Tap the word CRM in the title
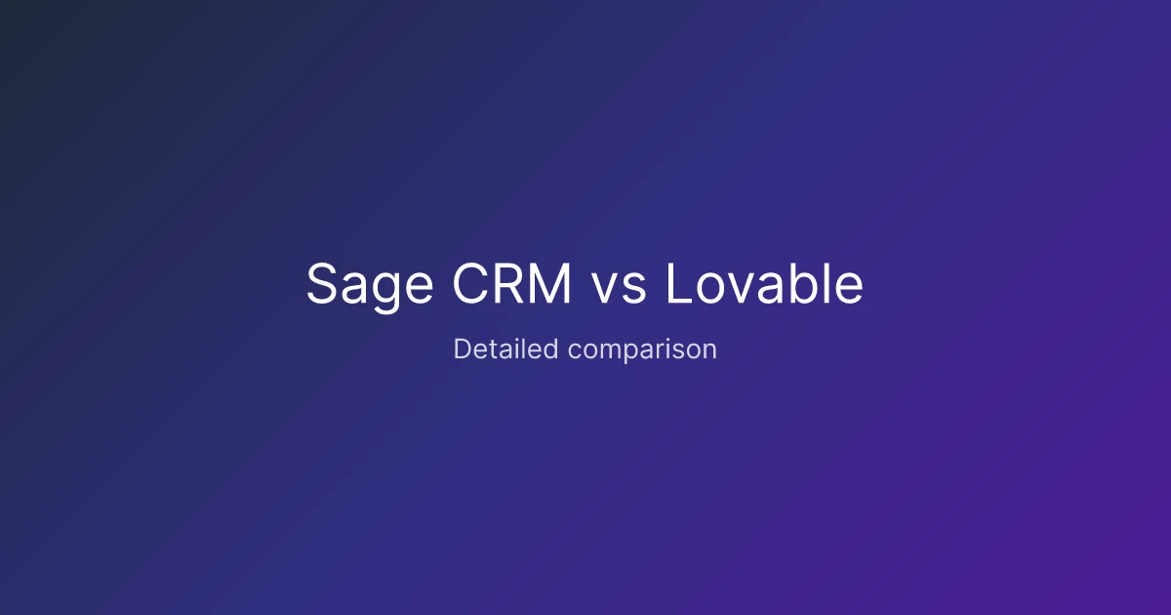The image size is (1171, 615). coord(511,283)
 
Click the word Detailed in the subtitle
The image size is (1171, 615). coord(506,348)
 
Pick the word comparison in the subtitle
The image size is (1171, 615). coord(642,350)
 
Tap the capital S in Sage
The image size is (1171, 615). coord(322,283)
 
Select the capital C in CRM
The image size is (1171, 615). coord(470,283)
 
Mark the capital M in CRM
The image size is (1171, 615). coord(551,283)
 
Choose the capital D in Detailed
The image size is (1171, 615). coord(463,348)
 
